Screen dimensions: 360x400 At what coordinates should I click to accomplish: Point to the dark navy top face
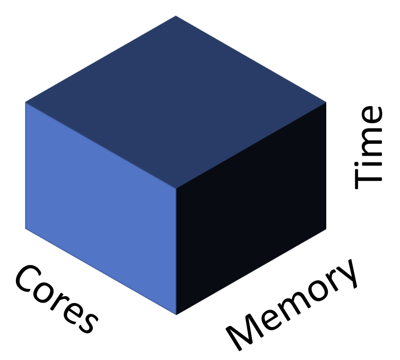tap(176, 101)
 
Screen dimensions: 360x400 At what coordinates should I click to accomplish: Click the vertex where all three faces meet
tap(176, 187)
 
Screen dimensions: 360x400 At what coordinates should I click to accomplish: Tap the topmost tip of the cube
tap(176, 16)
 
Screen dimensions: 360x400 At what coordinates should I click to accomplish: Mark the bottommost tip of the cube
tap(176, 314)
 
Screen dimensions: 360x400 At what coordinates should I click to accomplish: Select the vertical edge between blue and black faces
tap(176, 250)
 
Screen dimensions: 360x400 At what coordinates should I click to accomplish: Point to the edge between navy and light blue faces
tap(101, 144)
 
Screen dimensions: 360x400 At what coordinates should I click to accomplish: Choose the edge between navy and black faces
tap(251, 144)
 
